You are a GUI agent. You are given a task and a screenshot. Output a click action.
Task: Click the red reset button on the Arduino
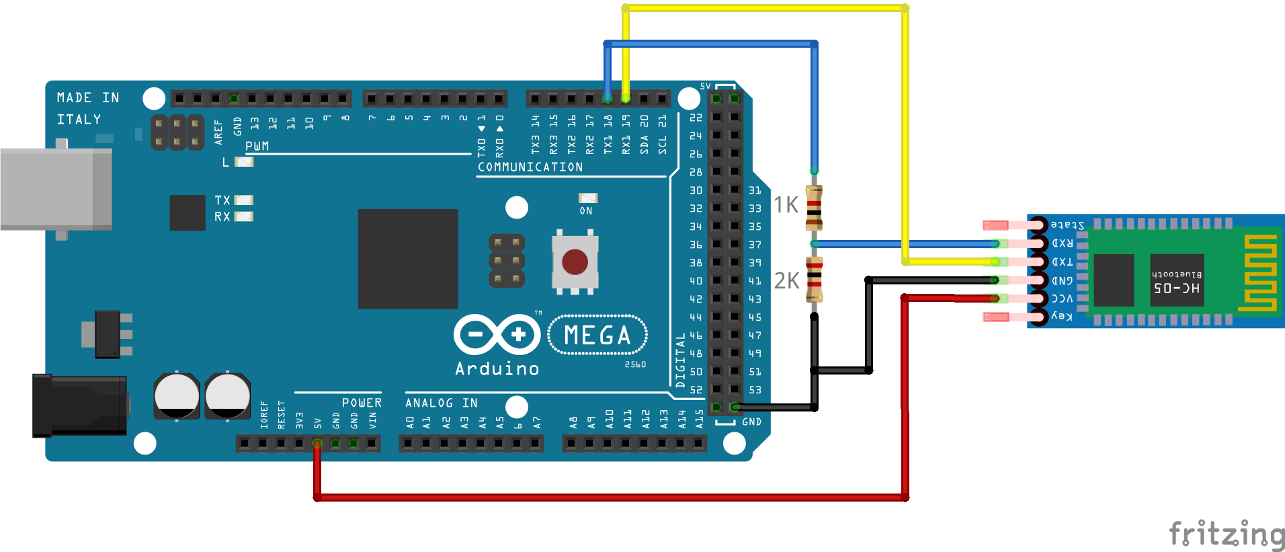coord(575,262)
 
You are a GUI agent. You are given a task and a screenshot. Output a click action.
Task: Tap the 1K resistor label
coord(786,204)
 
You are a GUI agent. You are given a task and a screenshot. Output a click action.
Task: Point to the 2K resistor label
coord(786,280)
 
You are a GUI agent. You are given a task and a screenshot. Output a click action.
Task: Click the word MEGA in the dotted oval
coord(597,335)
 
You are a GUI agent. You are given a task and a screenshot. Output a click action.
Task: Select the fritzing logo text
coord(1226,535)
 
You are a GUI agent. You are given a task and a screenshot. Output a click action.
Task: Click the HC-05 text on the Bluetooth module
coord(1176,288)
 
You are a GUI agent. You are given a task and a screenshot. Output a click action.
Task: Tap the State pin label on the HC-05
coord(1067,225)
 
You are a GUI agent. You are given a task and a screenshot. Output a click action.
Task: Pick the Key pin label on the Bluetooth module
coord(1062,316)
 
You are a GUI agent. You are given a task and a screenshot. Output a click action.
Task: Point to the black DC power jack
coord(80,405)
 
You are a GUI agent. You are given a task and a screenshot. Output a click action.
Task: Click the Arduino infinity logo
coord(497,334)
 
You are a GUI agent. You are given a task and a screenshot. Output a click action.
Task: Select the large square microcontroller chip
coord(407,259)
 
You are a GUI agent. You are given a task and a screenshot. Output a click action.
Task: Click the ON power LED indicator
coord(587,198)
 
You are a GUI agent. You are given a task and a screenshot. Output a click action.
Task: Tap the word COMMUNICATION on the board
coord(530,167)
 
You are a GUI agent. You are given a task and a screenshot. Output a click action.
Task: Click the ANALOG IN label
coord(441,403)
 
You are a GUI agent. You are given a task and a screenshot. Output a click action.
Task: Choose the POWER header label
coord(362,403)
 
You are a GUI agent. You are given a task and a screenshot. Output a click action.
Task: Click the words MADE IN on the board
coord(88,97)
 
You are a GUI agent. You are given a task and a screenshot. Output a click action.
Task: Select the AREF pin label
coord(218,132)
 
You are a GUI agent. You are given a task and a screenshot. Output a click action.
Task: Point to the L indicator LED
coord(243,162)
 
